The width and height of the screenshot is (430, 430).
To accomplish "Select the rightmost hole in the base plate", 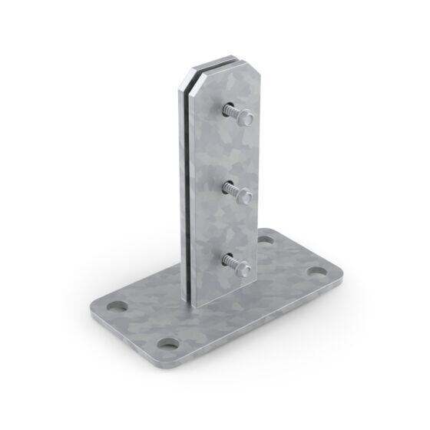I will coord(316,273).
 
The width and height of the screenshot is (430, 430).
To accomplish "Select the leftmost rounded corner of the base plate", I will coord(98,306).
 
